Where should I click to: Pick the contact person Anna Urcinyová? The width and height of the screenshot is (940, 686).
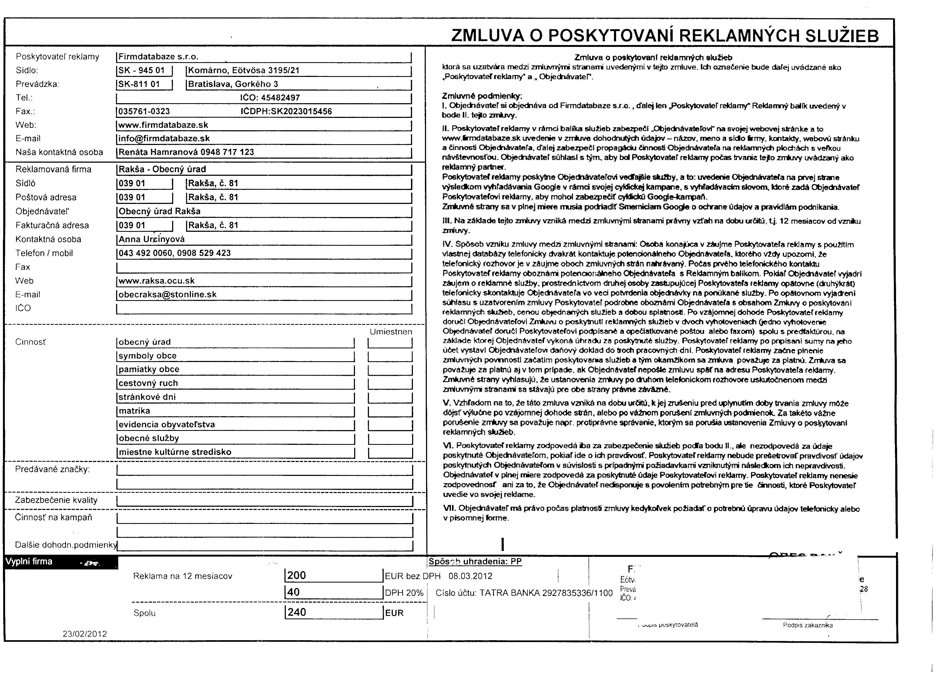[x=151, y=239]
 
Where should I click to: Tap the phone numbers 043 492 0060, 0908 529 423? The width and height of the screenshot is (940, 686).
[x=175, y=253]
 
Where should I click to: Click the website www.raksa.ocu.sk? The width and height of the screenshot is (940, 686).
[x=157, y=281]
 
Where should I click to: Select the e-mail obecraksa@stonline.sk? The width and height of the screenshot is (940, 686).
[x=167, y=294]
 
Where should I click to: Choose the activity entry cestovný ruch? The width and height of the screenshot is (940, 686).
[x=148, y=383]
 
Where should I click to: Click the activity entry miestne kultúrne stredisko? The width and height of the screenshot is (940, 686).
[x=175, y=452]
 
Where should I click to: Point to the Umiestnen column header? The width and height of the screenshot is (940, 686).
[x=390, y=332]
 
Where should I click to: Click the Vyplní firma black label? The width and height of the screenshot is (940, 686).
[x=29, y=561]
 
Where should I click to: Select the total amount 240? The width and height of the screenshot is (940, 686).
[x=297, y=612]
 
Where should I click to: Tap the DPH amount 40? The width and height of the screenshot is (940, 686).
[x=293, y=592]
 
